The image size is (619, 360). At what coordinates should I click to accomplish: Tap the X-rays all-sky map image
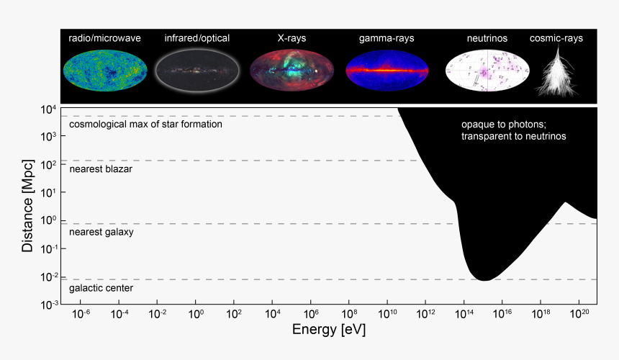(x=291, y=71)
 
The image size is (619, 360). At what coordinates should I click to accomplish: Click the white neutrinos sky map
(x=487, y=71)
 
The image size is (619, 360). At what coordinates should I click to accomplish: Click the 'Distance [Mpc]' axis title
(x=27, y=206)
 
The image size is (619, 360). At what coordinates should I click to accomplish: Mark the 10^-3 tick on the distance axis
(x=46, y=305)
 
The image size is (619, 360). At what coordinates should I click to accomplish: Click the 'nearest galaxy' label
(x=101, y=233)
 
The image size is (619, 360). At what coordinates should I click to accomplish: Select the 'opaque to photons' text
(x=504, y=124)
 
